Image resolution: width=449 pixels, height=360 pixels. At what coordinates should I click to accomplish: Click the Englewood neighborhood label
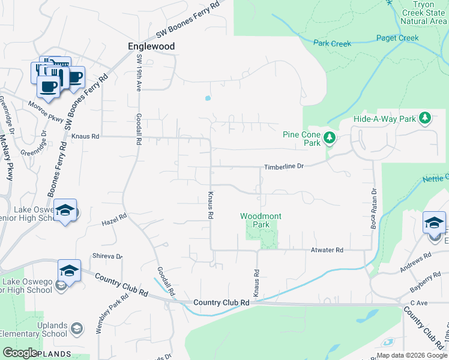(151, 46)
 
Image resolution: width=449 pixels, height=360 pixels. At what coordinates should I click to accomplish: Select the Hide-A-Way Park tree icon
(426, 118)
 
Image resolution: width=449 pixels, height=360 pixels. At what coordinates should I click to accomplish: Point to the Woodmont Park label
(261, 220)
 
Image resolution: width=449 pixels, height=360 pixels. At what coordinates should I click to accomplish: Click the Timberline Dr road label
(285, 166)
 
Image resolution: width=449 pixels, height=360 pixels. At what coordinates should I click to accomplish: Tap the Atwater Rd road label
(327, 250)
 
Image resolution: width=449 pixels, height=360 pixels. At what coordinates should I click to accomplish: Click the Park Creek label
(332, 43)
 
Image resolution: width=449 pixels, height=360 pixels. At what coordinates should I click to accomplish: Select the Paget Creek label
(397, 38)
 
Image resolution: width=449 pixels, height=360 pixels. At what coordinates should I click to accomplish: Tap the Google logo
(20, 353)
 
